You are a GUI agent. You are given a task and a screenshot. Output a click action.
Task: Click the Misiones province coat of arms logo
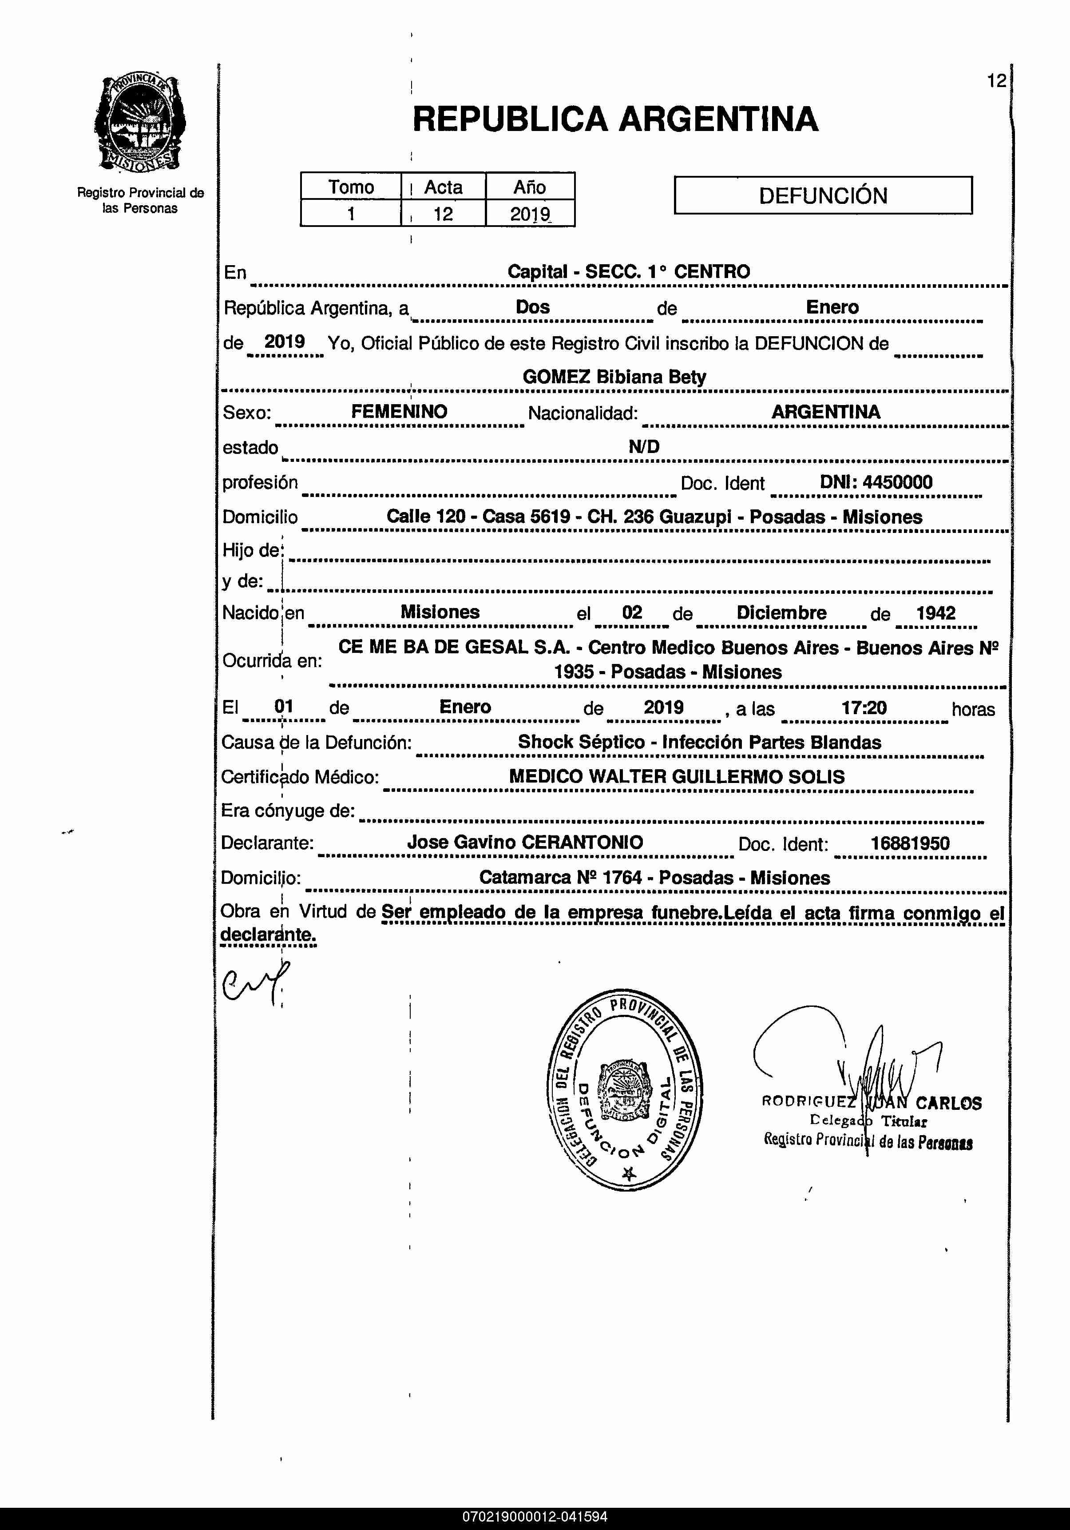tap(140, 124)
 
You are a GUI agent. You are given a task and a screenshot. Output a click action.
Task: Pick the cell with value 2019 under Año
tap(530, 214)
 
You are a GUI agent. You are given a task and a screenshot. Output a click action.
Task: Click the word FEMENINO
tap(399, 411)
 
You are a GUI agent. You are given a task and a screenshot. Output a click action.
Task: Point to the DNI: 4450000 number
tap(876, 482)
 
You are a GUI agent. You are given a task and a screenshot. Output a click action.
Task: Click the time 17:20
tap(864, 707)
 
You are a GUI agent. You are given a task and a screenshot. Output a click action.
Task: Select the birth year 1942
tap(935, 612)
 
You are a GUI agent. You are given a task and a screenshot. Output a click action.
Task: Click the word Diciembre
tap(781, 612)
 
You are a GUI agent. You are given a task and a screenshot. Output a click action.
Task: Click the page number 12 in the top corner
tap(996, 81)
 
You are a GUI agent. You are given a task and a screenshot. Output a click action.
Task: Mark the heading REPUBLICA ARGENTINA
tap(615, 119)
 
